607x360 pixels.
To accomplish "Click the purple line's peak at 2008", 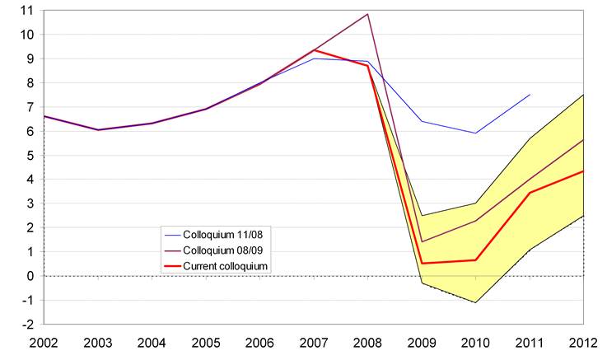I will click(x=367, y=14).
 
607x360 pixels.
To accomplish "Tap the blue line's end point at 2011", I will click(x=530, y=95).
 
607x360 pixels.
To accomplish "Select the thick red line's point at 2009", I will click(x=422, y=264).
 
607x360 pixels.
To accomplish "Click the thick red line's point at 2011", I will click(x=530, y=193).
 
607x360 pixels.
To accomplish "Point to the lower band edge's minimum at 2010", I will click(x=476, y=302).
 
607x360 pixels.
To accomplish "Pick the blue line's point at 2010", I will click(x=476, y=133).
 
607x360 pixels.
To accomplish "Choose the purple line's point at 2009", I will click(x=422, y=242).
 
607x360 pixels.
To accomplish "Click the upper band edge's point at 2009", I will click(x=422, y=216).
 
